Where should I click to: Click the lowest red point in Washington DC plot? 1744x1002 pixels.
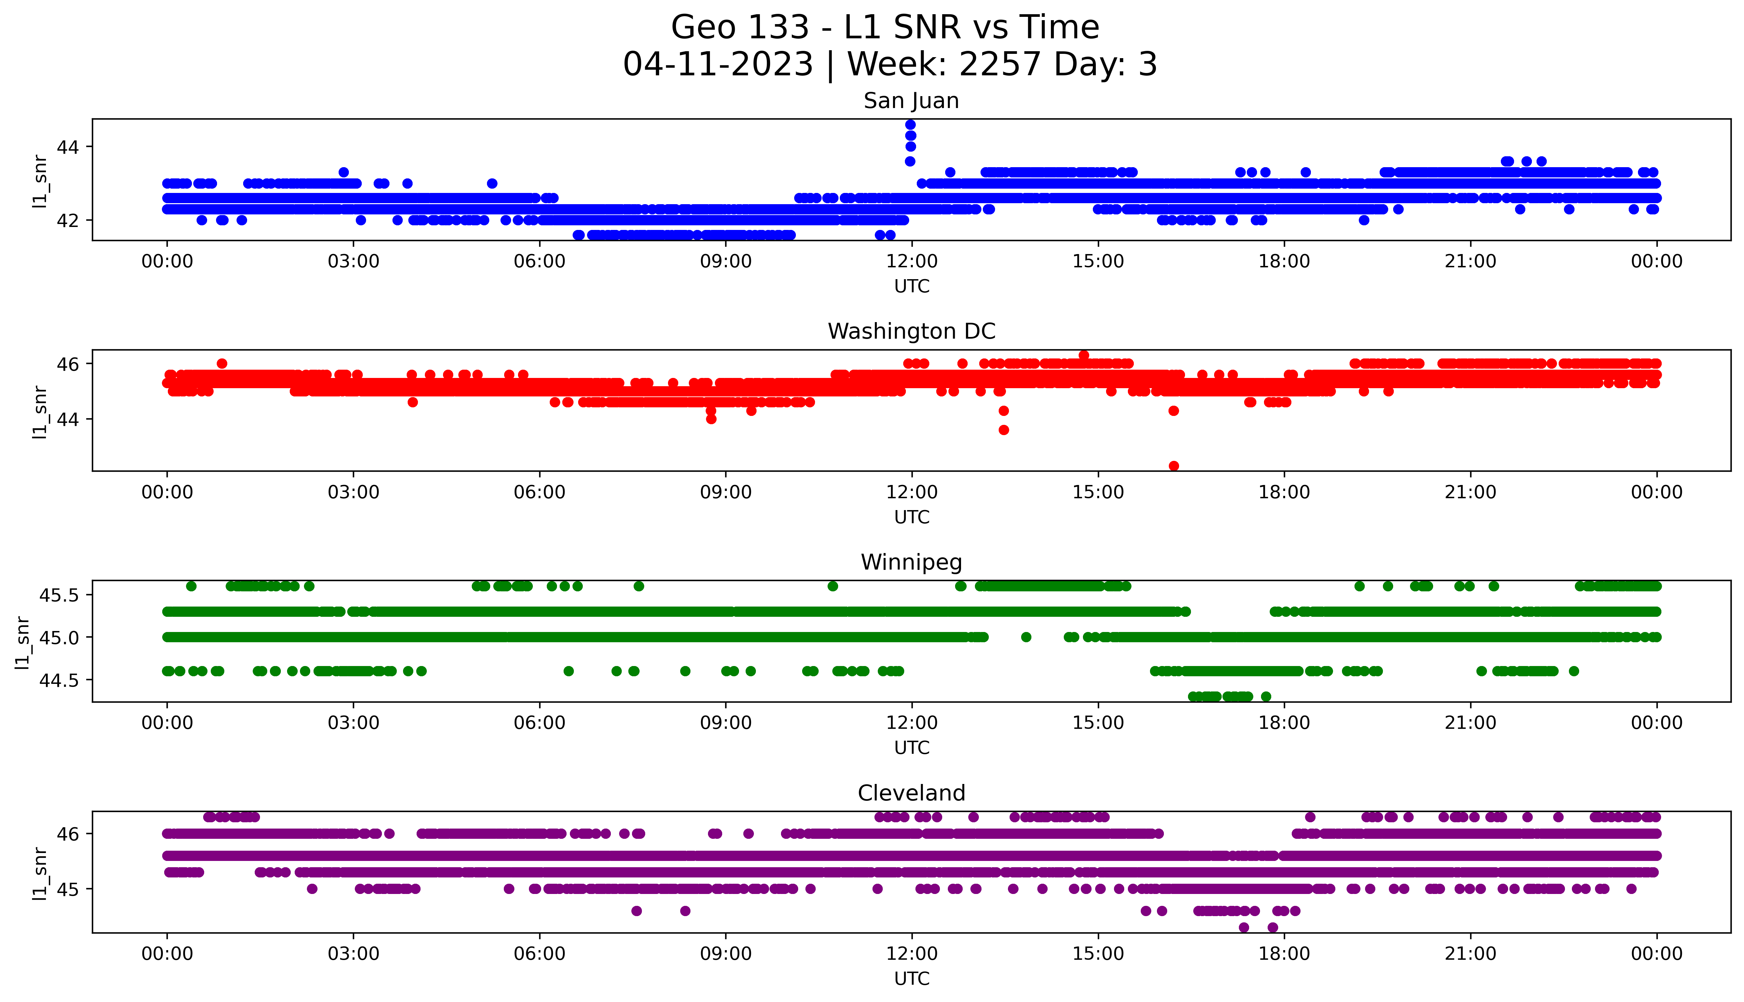point(1174,466)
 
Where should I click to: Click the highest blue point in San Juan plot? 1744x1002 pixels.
point(910,125)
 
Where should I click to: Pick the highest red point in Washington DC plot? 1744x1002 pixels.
point(1084,355)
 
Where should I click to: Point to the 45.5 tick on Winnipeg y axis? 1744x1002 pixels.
point(60,595)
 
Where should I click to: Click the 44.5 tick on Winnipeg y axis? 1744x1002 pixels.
point(60,680)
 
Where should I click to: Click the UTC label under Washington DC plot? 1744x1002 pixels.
point(911,517)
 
